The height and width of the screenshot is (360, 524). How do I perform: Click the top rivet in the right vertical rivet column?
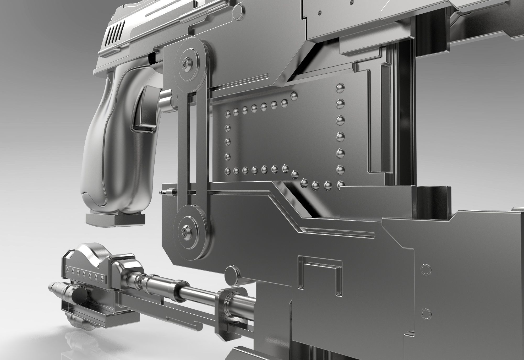(340, 88)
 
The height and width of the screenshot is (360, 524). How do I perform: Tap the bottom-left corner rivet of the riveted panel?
(228, 171)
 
